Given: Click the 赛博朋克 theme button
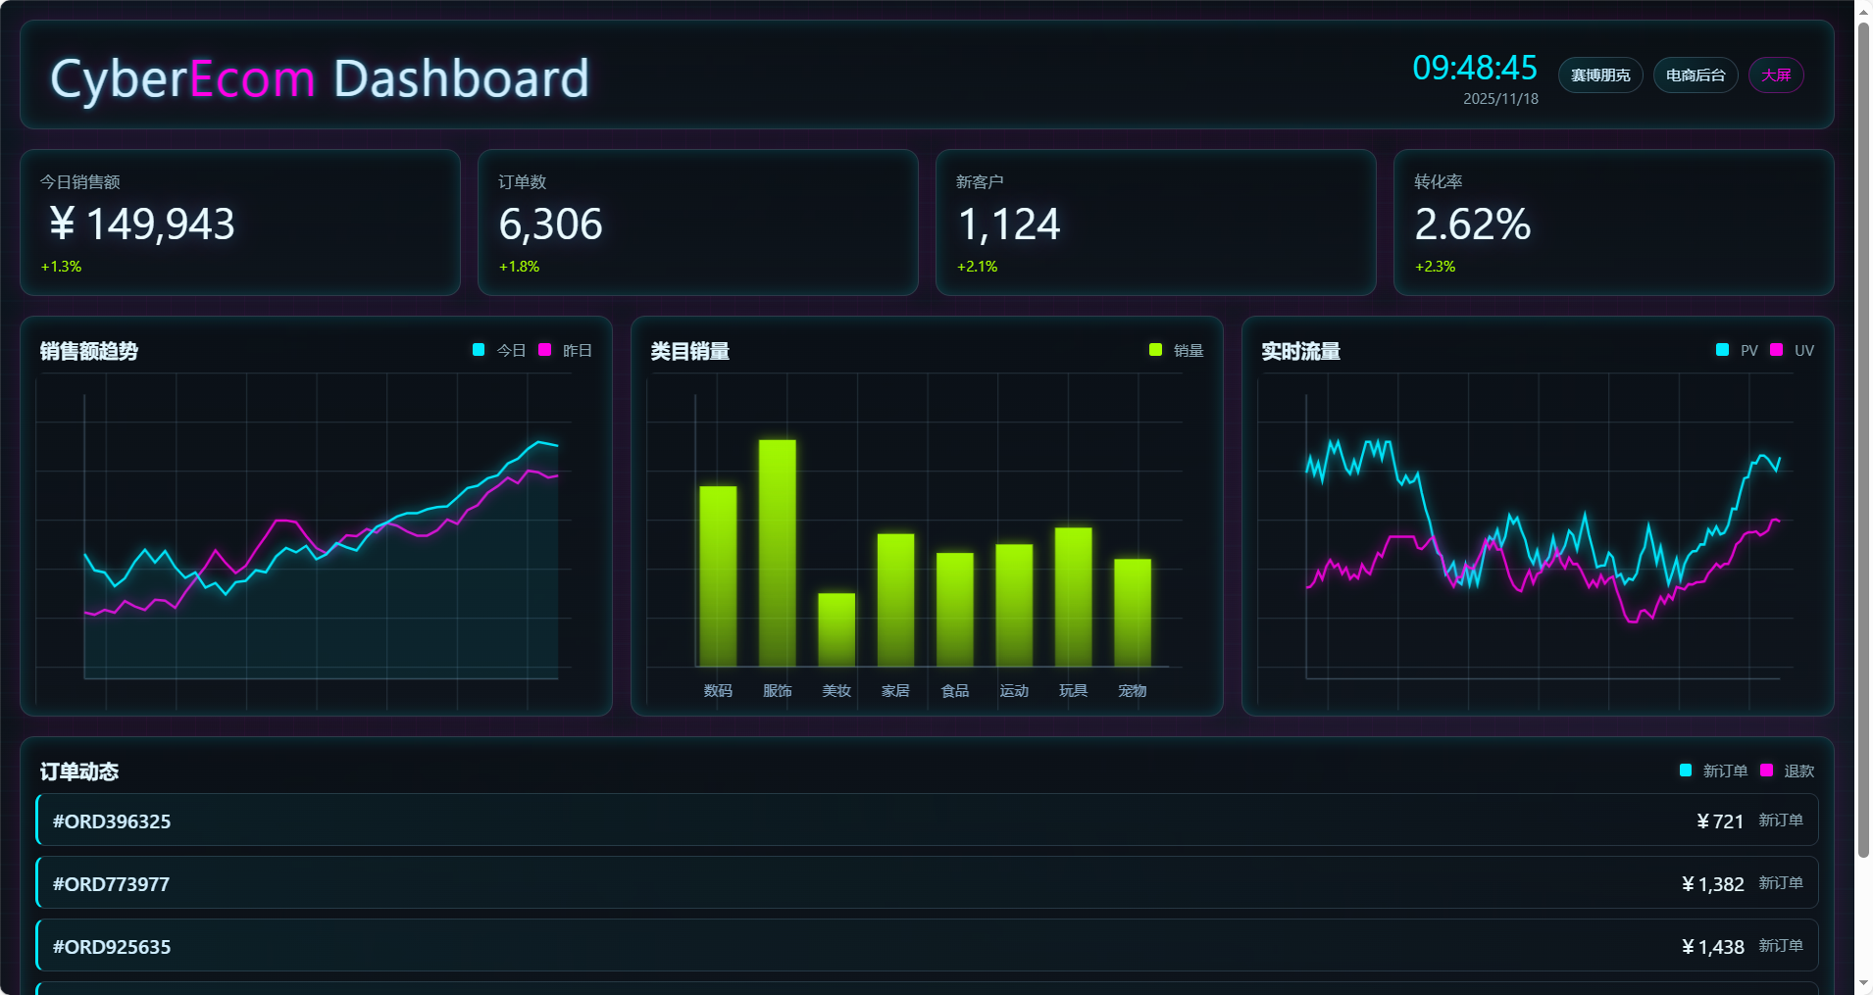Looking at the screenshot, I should (x=1599, y=75).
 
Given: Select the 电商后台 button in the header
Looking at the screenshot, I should (x=1695, y=75).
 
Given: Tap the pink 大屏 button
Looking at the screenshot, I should (x=1776, y=75).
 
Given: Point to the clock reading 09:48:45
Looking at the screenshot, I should (x=1474, y=68).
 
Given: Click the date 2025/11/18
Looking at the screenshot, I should (x=1500, y=99).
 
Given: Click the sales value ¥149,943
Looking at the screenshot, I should (x=142, y=224).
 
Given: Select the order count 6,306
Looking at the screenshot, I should (x=550, y=224).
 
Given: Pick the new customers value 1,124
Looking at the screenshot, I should (x=1009, y=224).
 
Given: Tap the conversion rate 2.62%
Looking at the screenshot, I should (x=1472, y=224).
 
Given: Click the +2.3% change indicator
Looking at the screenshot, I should (x=1435, y=267).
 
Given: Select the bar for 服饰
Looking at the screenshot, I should (x=777, y=553).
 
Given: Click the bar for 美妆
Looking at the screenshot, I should (x=836, y=629).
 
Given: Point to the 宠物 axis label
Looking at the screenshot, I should (x=1133, y=691).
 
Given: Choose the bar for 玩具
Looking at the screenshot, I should (x=1073, y=597).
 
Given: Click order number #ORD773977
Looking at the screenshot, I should (x=111, y=884).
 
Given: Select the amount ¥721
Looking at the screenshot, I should (x=1720, y=821).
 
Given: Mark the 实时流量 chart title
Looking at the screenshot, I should (x=1300, y=352).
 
